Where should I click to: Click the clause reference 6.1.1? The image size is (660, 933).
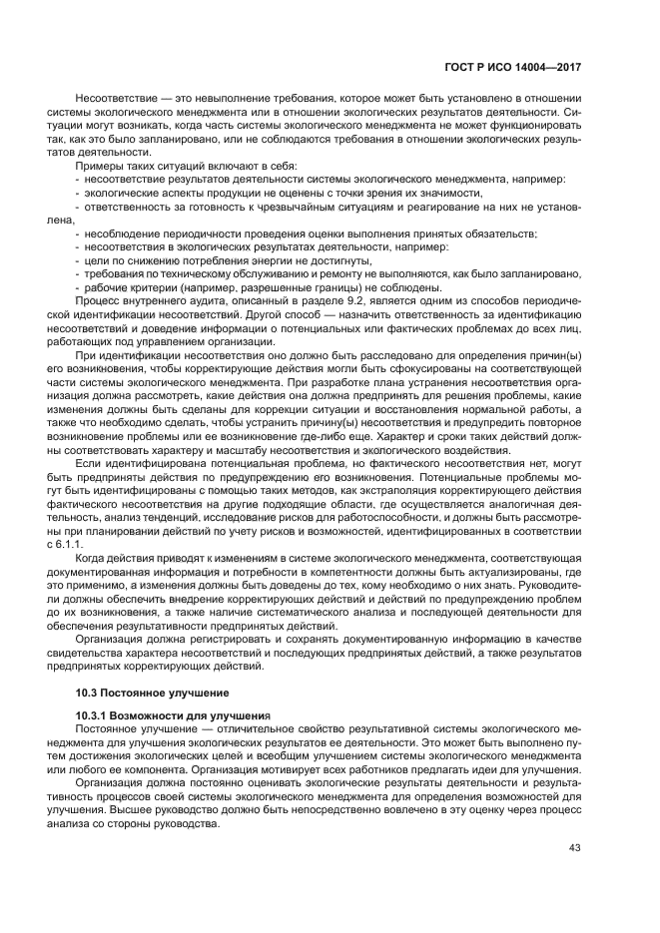click(94, 543)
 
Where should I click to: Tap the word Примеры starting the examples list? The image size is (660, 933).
click(100, 165)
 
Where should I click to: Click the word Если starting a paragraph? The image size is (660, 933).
click(90, 465)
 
